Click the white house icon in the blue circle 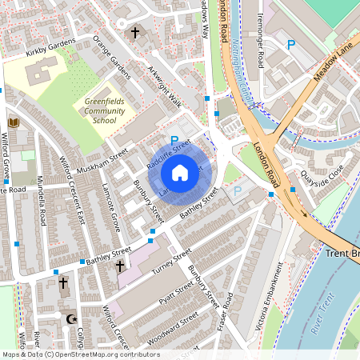pos(180,172)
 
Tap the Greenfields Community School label pos(104,110)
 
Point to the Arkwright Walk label pos(165,89)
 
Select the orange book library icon pos(14,122)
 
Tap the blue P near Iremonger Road pos(291,46)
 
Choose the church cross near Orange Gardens pos(135,33)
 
